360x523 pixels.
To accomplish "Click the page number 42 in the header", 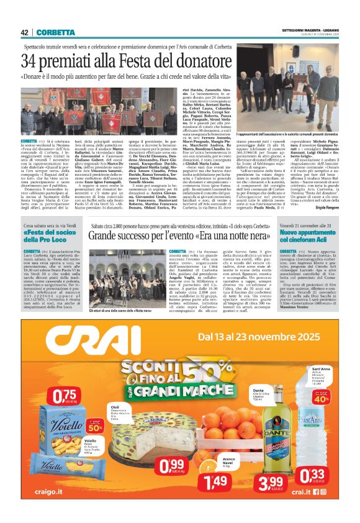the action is (25, 32).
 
